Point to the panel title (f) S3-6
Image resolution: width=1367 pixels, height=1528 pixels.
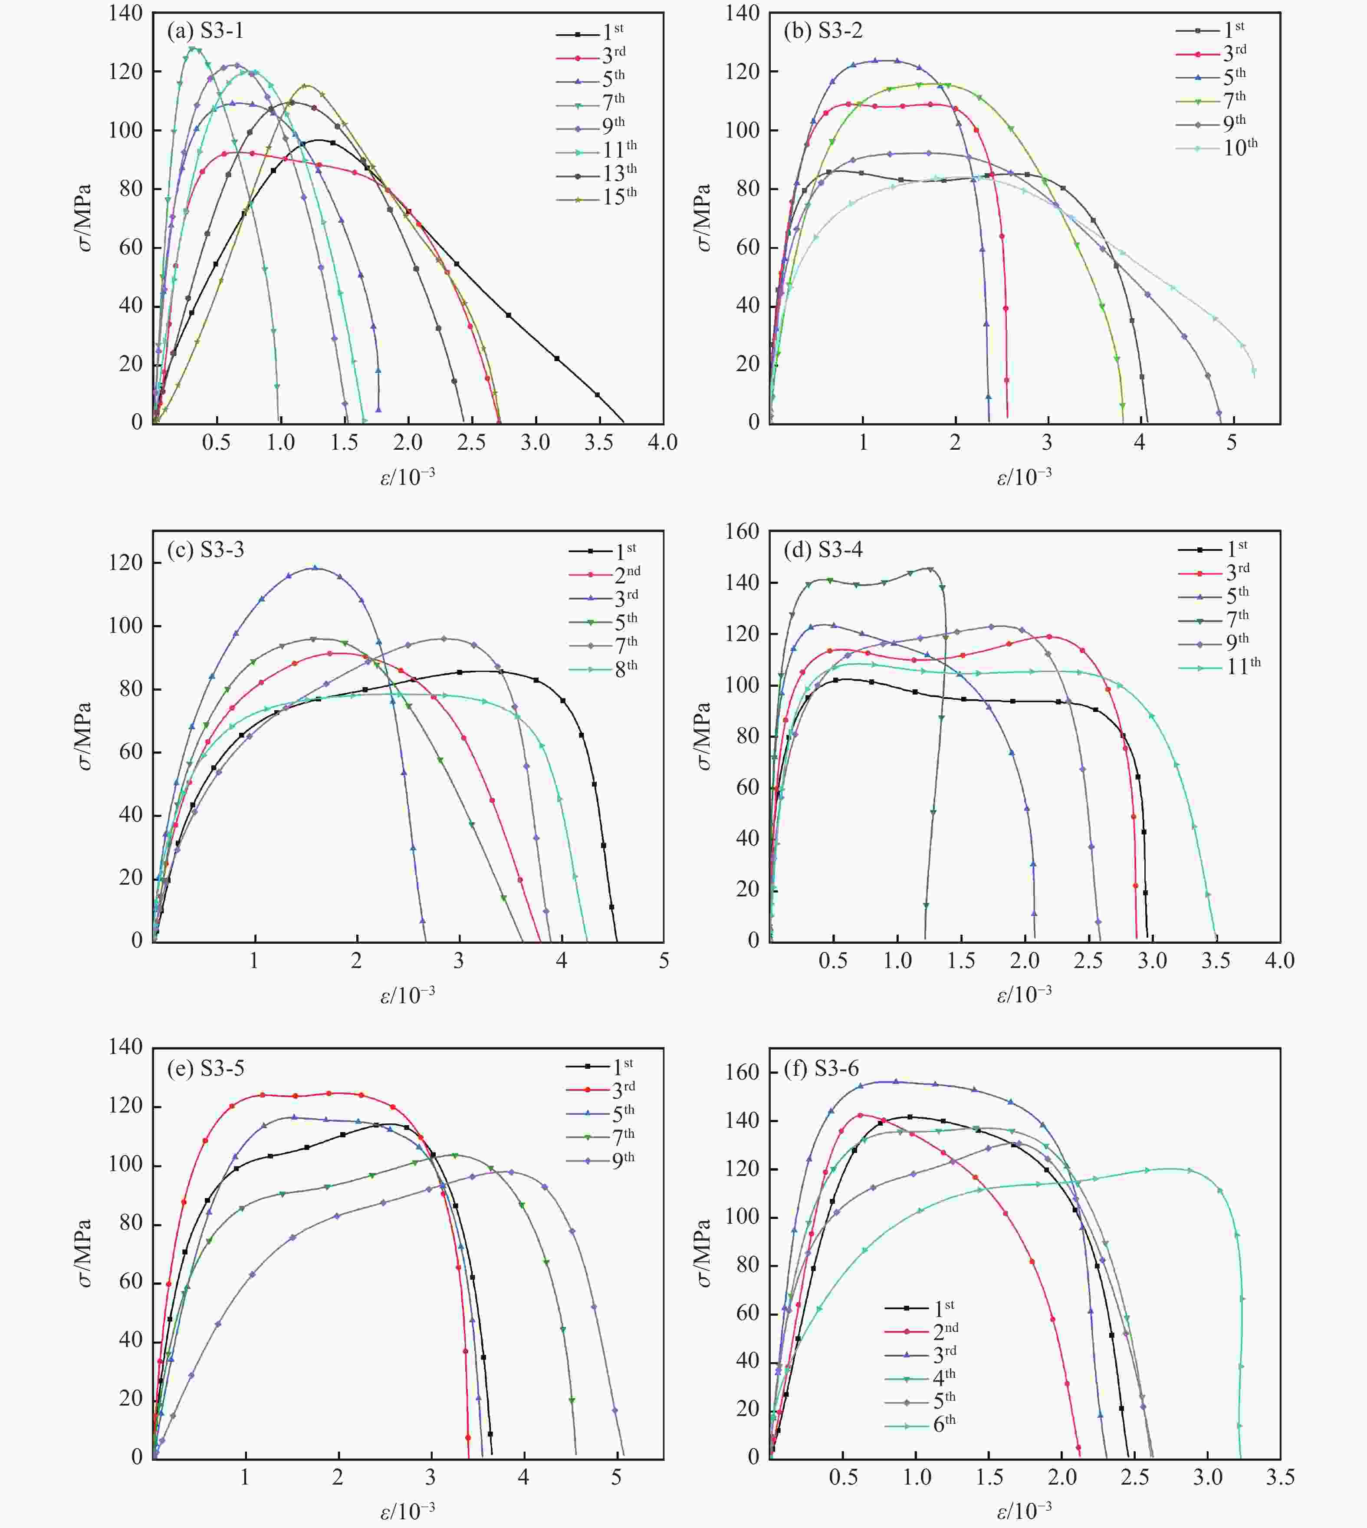point(821,1068)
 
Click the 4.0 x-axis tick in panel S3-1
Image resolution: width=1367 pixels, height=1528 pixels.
point(663,442)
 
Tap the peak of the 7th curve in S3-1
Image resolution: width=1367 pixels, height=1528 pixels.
point(193,49)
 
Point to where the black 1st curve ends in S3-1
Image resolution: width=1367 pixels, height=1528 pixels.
point(624,422)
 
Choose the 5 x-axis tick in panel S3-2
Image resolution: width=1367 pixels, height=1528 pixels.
point(1231,442)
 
